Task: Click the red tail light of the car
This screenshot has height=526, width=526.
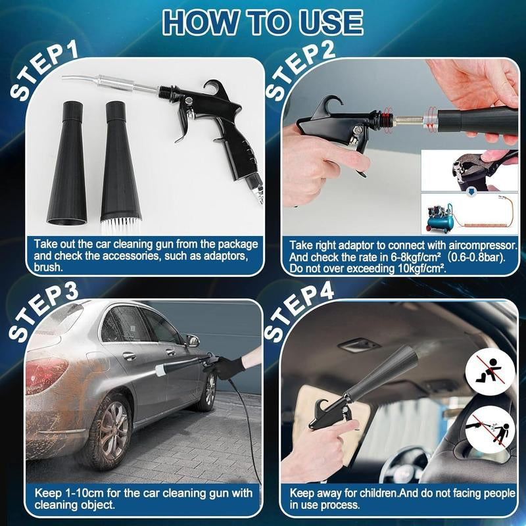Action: tap(46, 375)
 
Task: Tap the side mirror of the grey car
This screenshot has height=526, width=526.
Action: tap(192, 340)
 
